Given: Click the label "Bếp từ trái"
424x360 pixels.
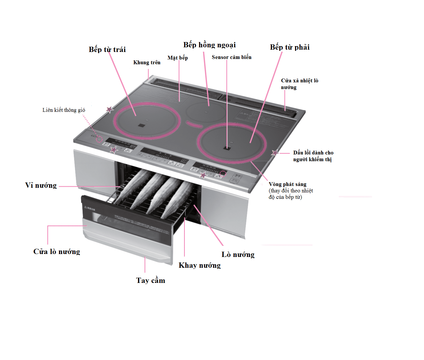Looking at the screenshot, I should (x=107, y=49).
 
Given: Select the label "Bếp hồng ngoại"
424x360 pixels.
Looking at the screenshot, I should (x=209, y=45).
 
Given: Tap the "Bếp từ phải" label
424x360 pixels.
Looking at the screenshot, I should (x=289, y=47).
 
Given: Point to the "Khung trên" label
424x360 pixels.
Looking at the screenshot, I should (x=147, y=62).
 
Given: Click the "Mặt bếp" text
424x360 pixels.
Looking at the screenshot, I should (x=177, y=58).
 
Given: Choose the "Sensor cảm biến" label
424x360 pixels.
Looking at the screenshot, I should (x=231, y=57).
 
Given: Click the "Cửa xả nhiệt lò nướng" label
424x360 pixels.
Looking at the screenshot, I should (x=299, y=84).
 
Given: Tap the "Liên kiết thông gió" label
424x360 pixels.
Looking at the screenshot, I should (x=64, y=110).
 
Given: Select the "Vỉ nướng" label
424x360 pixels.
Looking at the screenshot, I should (x=41, y=185).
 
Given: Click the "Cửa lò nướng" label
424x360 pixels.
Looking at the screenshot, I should (x=57, y=252).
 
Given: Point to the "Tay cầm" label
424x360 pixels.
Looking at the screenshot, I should (x=151, y=281).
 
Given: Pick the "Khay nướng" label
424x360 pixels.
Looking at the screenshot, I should (x=200, y=265).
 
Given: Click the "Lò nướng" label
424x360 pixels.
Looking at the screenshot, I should (x=238, y=255).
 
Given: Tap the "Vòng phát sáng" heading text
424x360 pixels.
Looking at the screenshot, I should (x=287, y=184).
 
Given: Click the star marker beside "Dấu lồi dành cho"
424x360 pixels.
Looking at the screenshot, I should (x=275, y=153).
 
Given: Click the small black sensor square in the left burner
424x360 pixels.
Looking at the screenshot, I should (x=142, y=125).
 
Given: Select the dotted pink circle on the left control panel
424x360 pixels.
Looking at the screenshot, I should (x=99, y=139).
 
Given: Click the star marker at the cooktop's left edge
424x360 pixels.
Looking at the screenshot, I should (x=109, y=109).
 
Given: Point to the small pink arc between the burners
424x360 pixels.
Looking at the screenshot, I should (x=194, y=125).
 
